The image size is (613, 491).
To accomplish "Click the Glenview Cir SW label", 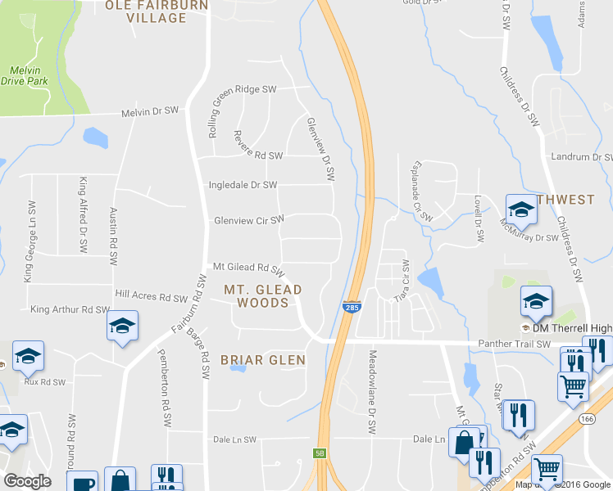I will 248,219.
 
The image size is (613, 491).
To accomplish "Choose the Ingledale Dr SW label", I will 243,185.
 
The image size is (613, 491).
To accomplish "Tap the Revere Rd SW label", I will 257,155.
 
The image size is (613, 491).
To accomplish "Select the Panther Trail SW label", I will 520,345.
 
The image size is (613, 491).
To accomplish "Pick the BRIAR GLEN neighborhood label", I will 262,360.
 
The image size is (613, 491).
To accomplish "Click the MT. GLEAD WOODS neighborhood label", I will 262,296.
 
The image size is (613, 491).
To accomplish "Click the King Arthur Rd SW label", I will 70,310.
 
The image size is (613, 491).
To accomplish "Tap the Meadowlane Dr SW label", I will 371,393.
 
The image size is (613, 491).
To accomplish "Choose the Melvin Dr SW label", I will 150,111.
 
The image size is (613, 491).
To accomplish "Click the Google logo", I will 26,481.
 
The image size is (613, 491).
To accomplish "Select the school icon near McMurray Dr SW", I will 520,209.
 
